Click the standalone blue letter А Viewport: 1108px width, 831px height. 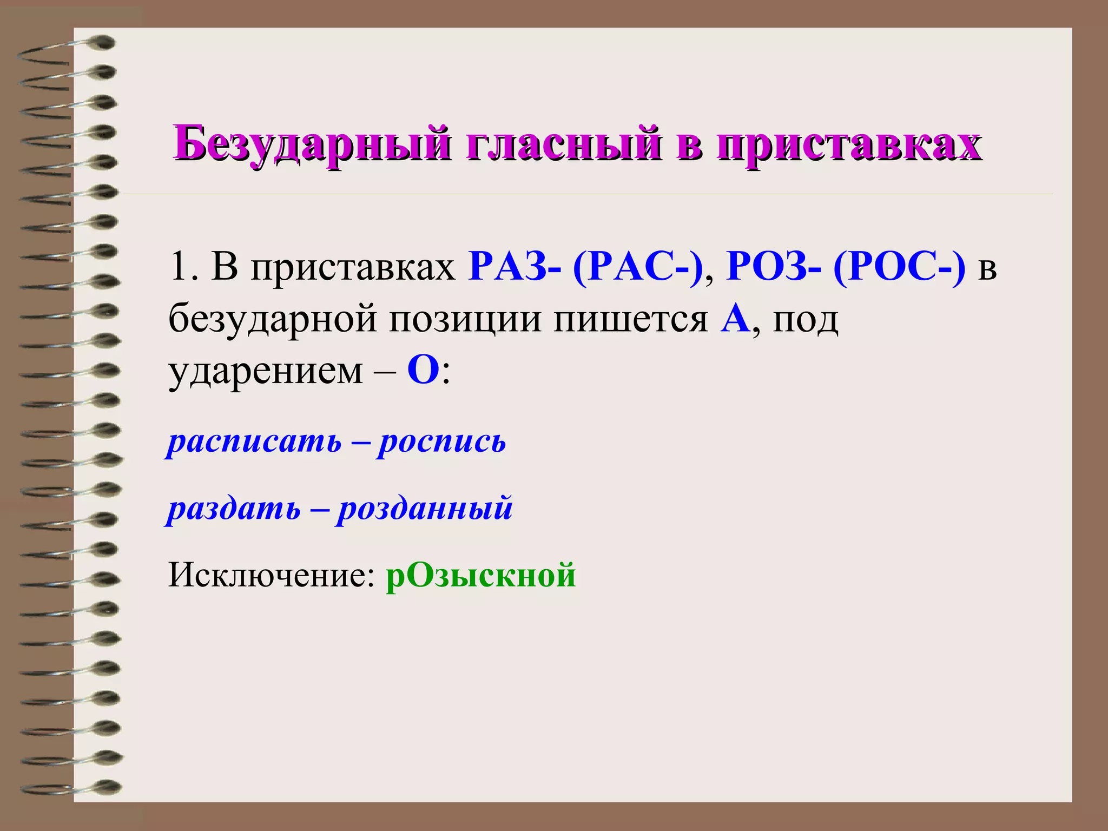coord(735,319)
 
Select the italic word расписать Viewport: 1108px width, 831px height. coord(254,442)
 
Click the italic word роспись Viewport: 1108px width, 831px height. coord(441,442)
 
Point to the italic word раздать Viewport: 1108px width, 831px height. coord(234,509)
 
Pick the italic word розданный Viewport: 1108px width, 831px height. coord(424,509)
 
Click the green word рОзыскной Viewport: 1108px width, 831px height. coord(480,575)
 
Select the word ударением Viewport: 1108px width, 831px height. coord(265,372)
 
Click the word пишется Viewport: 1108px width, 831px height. coord(630,319)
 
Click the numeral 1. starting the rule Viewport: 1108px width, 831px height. coord(182,267)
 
